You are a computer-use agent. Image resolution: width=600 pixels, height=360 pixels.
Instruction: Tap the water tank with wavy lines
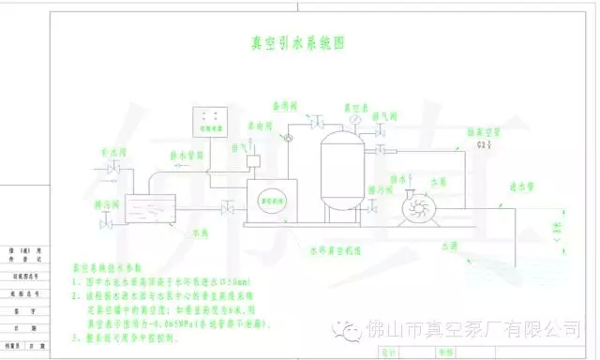(x=150, y=206)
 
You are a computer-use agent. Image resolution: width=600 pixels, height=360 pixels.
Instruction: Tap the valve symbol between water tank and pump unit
(x=226, y=206)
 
